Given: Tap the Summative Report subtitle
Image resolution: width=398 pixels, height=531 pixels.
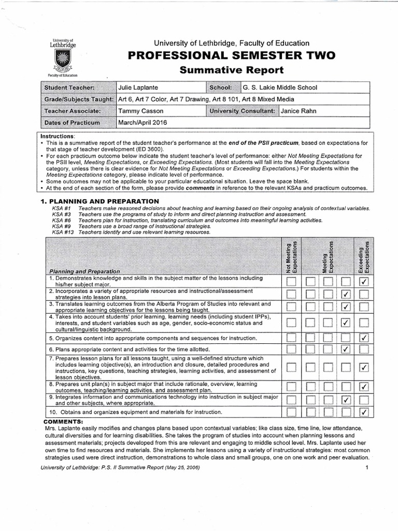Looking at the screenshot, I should [228, 69].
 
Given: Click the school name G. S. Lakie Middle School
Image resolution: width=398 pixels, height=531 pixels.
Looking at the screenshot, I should [280, 87].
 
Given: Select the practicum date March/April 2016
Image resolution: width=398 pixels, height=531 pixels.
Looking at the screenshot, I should [143, 122].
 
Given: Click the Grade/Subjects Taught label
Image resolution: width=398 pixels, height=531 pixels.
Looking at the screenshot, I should [79, 99].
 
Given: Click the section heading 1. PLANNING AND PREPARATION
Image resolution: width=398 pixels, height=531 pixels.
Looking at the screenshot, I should [99, 201].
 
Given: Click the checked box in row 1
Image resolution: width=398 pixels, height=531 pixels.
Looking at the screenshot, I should [364, 282].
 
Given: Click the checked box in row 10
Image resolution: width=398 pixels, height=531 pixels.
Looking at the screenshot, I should [364, 413].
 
